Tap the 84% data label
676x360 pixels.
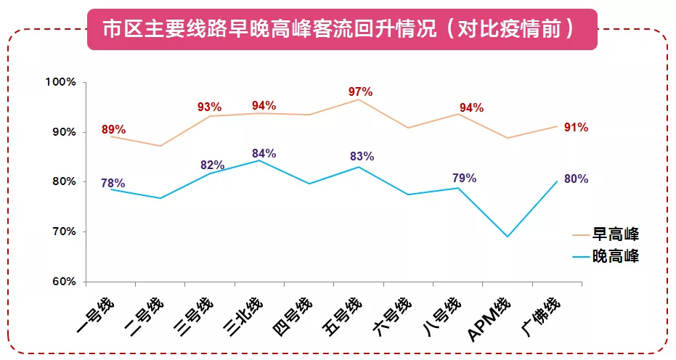tap(264, 154)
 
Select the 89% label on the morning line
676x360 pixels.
tap(114, 131)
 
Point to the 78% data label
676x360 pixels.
tap(113, 183)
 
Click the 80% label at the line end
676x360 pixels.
tap(576, 179)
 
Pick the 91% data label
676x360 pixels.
tap(576, 128)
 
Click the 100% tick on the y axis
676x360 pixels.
tap(62, 82)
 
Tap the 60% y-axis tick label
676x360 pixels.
tap(64, 282)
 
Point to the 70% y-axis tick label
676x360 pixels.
tap(64, 232)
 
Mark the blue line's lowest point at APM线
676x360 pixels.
tap(508, 237)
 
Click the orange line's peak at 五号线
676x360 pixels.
tap(359, 99)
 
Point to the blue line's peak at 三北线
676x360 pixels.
tap(260, 160)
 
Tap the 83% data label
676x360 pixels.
tap(362, 157)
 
